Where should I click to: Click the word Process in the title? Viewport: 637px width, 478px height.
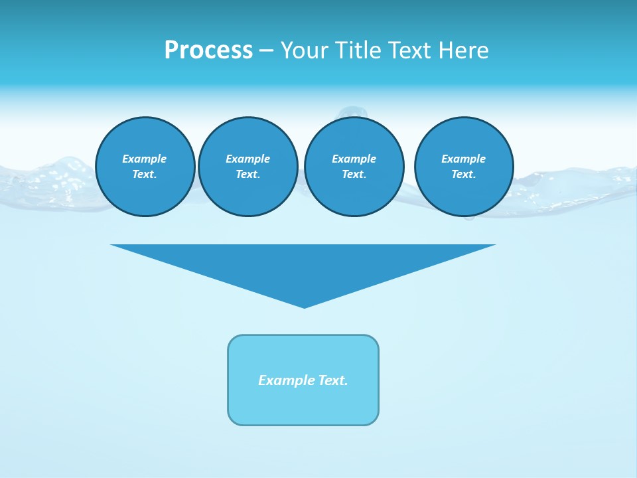[208, 50]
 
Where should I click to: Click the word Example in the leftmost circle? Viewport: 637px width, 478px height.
[145, 159]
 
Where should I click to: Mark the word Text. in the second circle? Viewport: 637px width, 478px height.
[248, 175]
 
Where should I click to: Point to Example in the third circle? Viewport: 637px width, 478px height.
[354, 159]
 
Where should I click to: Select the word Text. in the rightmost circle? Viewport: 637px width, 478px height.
[464, 175]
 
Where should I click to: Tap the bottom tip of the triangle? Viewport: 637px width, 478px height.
[304, 306]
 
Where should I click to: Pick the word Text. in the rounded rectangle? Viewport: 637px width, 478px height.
[333, 380]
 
